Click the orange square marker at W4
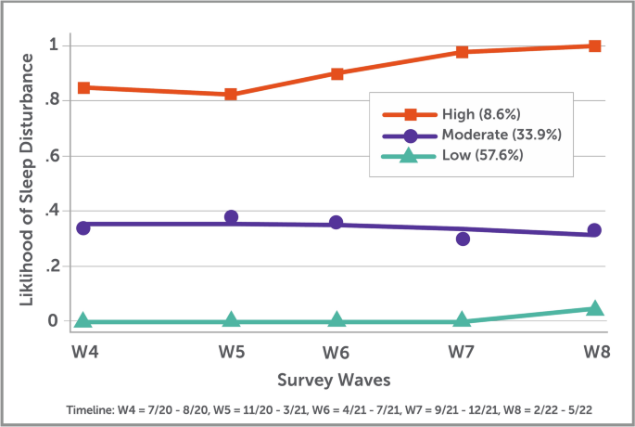coord(83,87)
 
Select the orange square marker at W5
coord(231,95)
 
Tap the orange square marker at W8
coord(594,45)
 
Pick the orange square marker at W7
coord(463,52)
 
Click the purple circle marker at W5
coord(231,217)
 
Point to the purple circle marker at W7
coord(463,239)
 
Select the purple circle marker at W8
coord(594,230)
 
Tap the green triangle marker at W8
coord(594,309)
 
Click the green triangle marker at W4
coord(83,320)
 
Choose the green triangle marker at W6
coord(337,320)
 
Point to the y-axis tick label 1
coord(55,45)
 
